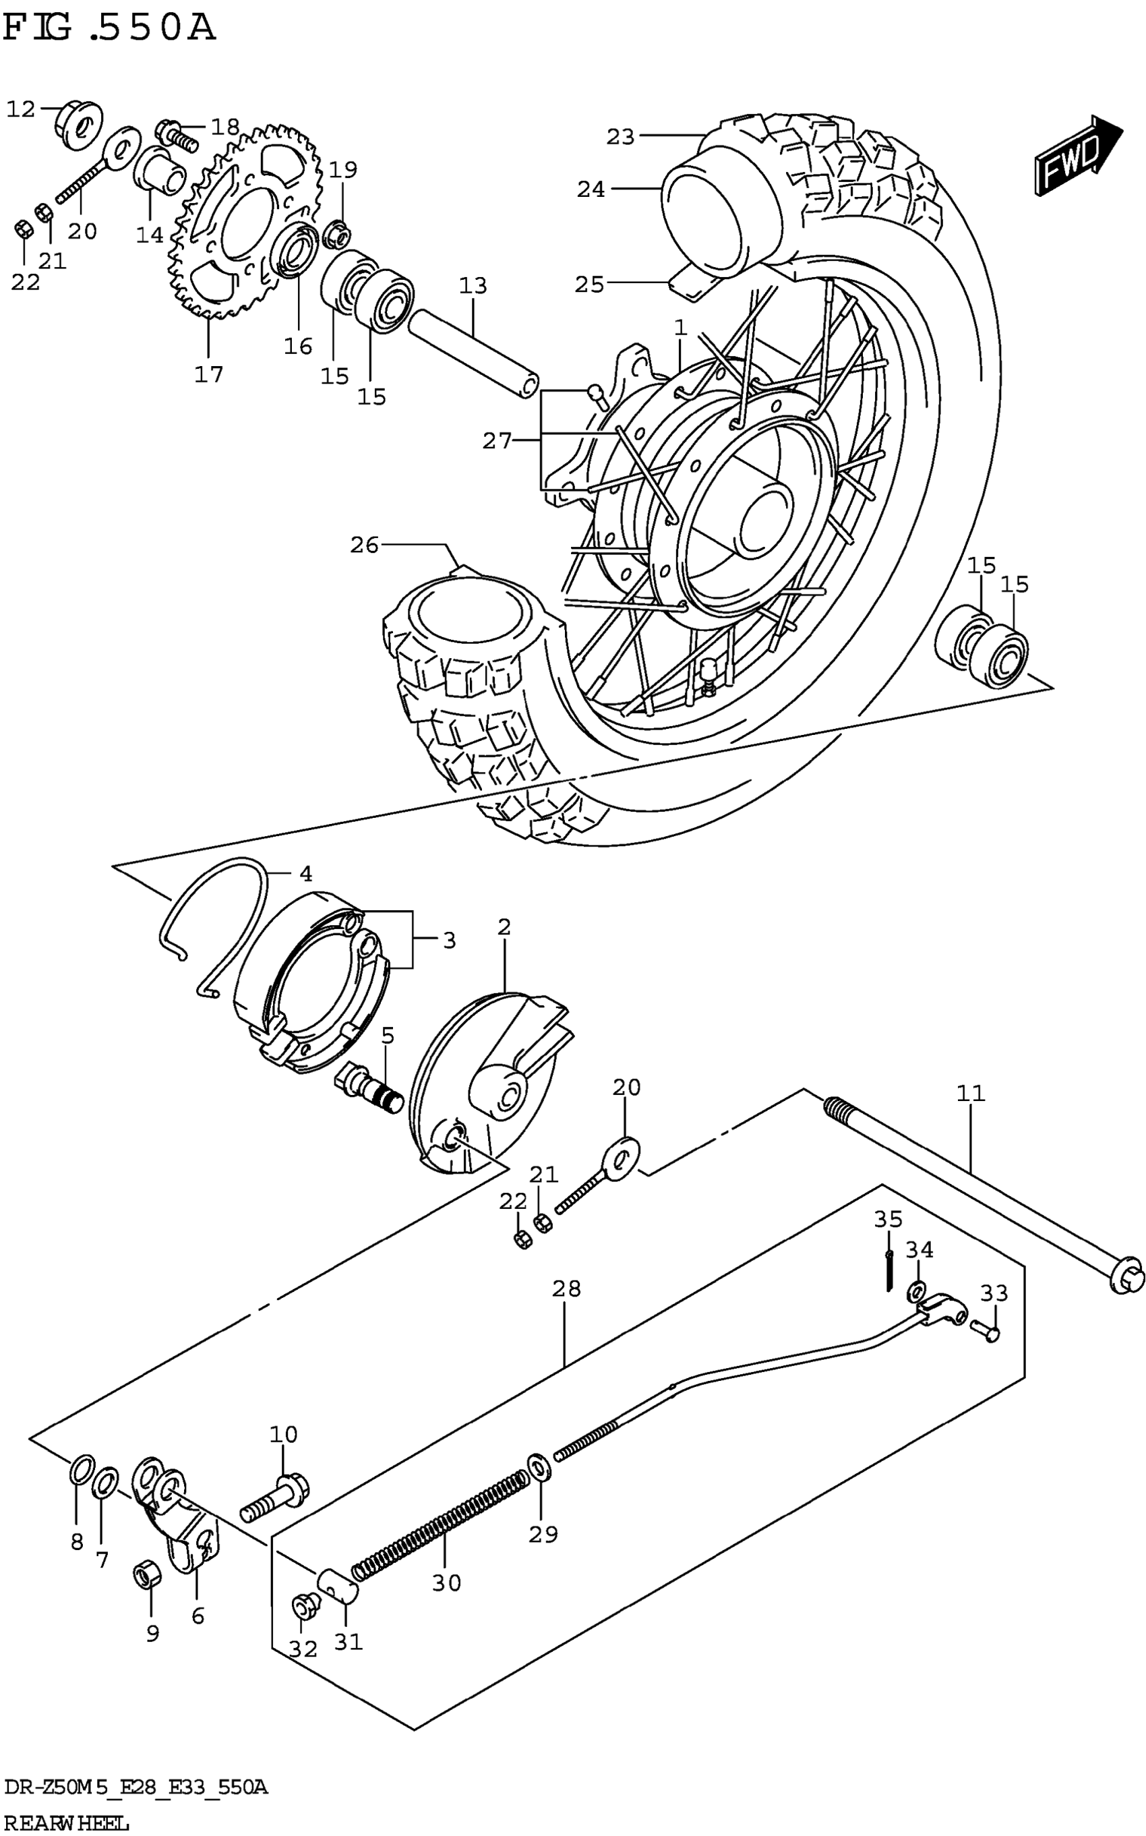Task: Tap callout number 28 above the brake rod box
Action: pos(566,1288)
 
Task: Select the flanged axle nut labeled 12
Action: pos(80,123)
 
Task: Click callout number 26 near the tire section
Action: pos(364,544)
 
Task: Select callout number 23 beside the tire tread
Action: pos(620,136)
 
